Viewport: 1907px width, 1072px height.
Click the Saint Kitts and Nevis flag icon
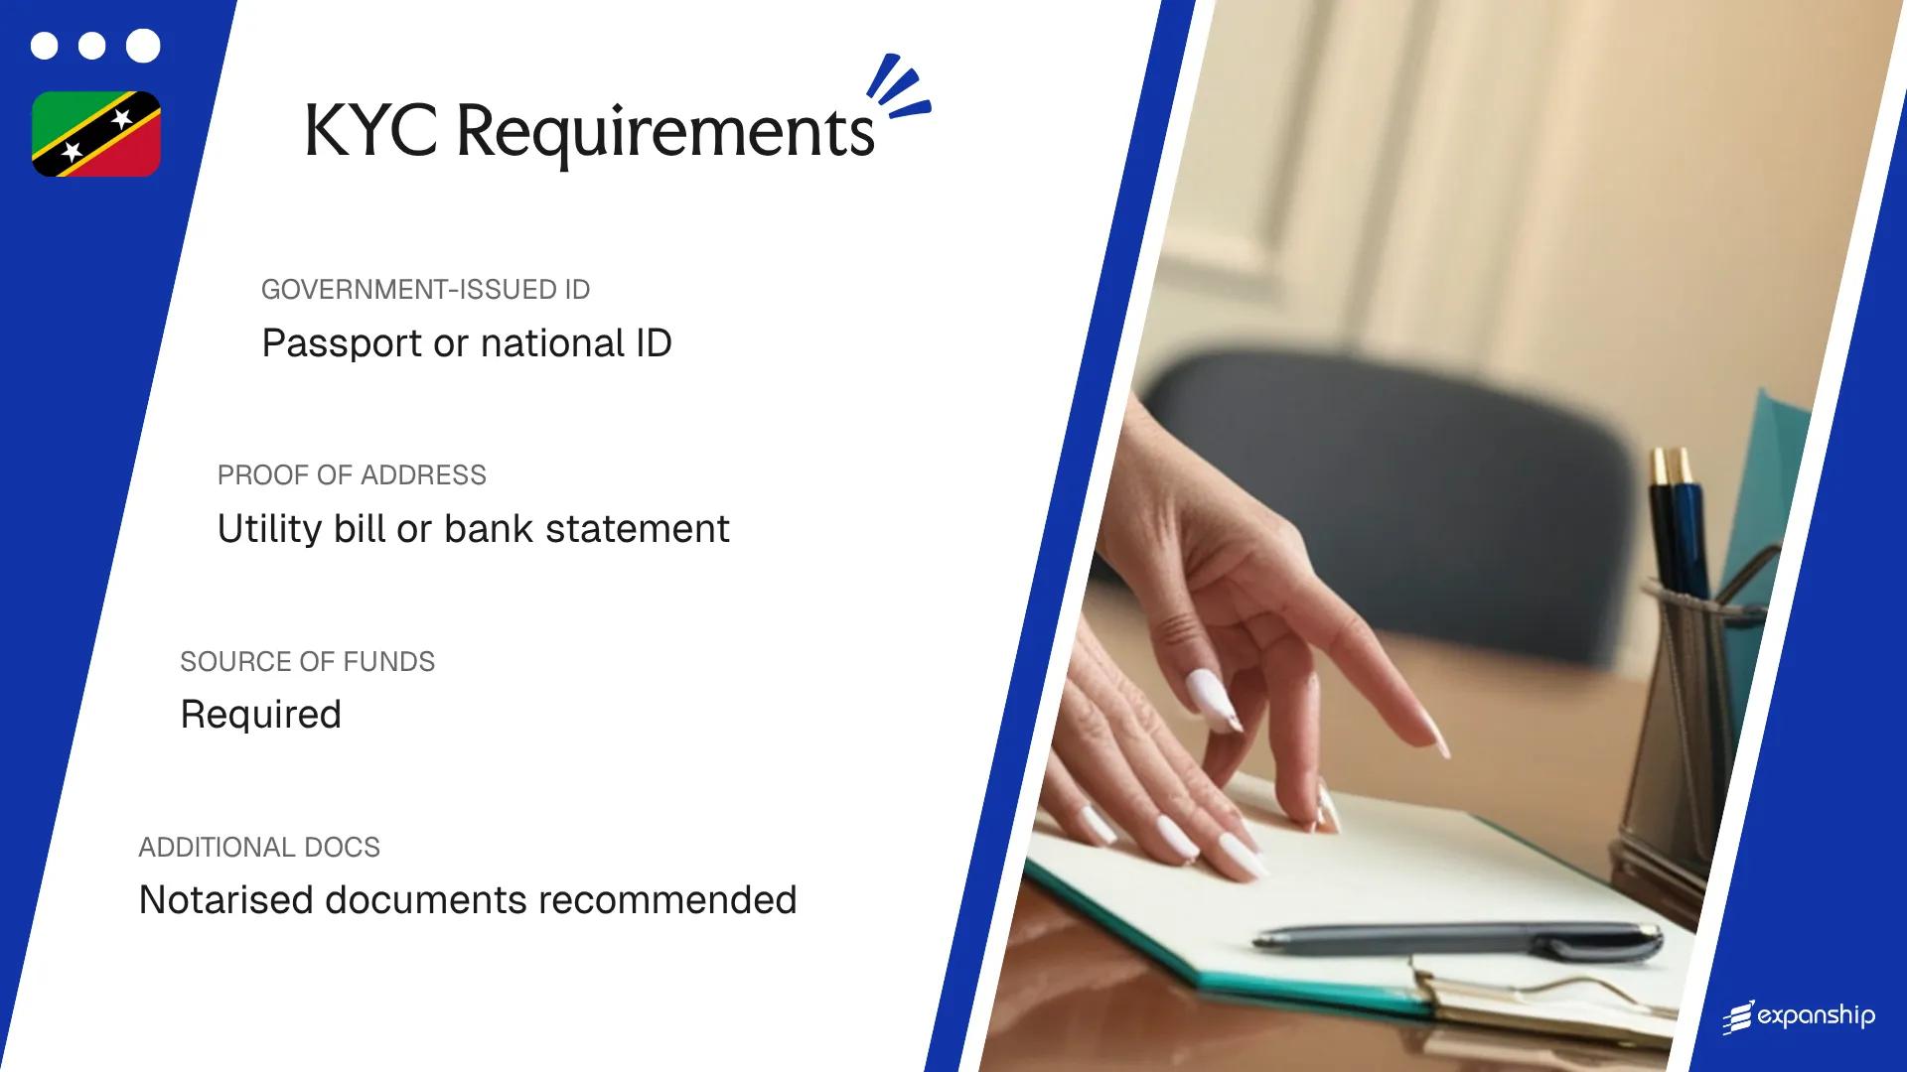pos(96,134)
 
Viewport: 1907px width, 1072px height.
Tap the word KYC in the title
pos(369,132)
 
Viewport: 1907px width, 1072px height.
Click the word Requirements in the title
pos(664,134)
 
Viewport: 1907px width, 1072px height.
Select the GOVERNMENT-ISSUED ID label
pos(425,290)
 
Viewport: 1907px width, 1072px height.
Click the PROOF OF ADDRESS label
pos(352,475)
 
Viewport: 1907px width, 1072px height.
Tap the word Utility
pos(269,529)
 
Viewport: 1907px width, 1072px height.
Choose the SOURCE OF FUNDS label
pos(307,662)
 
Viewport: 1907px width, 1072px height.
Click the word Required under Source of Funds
pos(260,715)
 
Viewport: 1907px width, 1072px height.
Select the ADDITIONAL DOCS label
pos(259,848)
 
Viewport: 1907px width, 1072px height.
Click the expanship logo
pos(1799,1016)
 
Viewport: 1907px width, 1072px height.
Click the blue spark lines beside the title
pos(898,87)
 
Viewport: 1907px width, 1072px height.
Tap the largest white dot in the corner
pos(143,46)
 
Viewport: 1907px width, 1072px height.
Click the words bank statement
pos(586,529)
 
